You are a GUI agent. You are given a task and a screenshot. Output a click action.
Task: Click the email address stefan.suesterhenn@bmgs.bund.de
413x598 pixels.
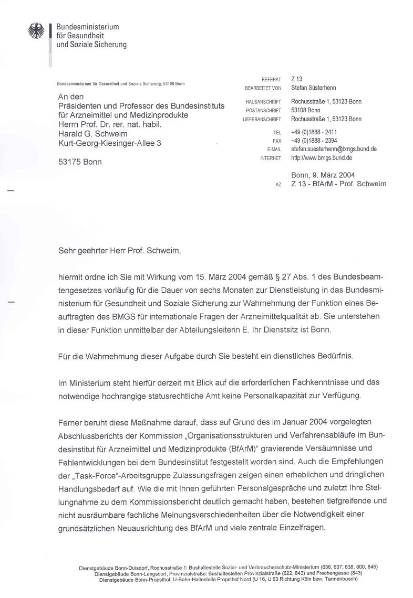334,149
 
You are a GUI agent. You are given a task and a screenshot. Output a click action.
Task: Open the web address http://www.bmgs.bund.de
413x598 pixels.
322,157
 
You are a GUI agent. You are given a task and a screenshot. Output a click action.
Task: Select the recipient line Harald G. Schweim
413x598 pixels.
92,133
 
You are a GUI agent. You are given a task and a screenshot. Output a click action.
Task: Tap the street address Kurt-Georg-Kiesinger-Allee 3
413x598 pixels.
110,142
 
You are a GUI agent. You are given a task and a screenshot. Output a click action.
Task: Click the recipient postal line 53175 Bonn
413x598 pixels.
80,162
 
